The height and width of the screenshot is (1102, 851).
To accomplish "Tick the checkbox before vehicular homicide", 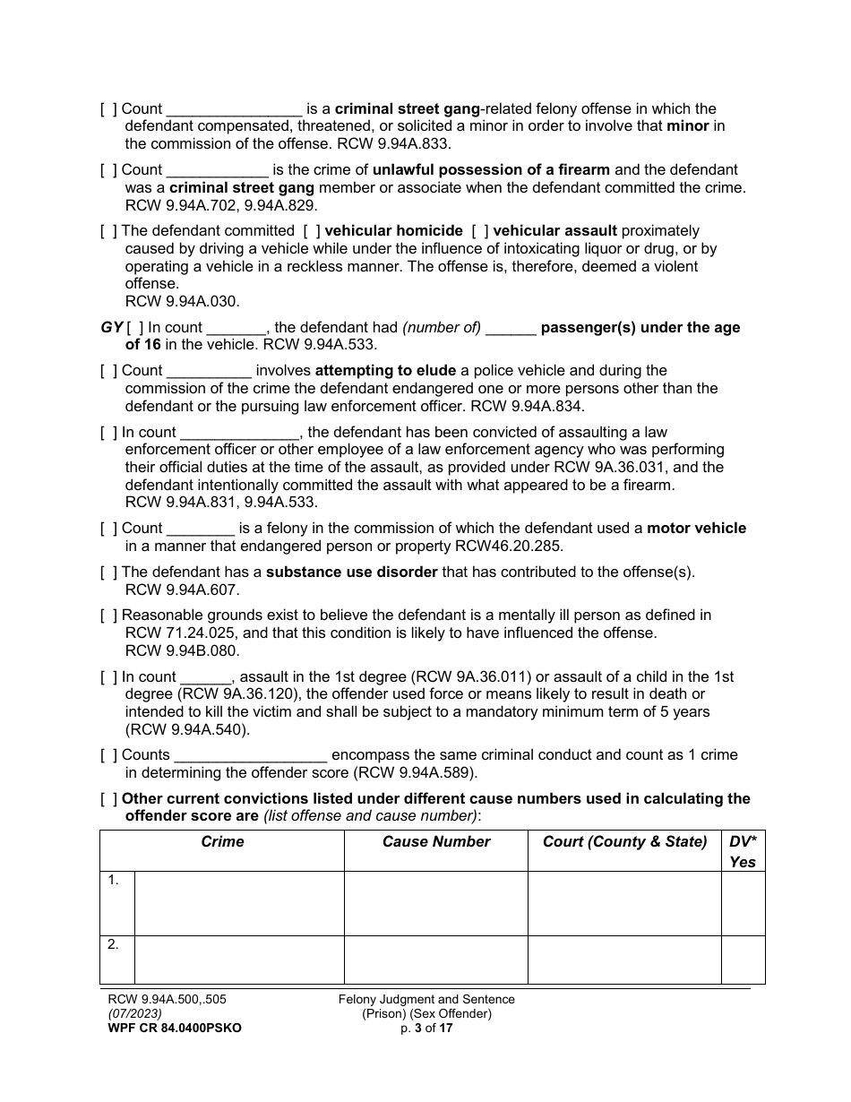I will pos(308,231).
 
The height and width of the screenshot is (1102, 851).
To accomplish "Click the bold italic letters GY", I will pos(111,327).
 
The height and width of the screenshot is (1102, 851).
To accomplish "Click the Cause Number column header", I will pos(436,842).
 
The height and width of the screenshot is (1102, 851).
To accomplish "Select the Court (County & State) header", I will pos(624,842).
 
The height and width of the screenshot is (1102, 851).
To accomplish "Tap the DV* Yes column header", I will pos(743,851).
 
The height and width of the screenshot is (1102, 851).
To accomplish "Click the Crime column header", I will pos(222,842).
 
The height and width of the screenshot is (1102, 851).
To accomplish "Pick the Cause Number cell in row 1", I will pos(436,903).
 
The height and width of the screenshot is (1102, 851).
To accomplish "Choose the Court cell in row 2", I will pos(624,960).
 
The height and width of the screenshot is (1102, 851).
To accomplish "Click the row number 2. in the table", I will pos(114,945).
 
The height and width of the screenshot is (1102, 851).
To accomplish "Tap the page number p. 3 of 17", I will pos(426,1029).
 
